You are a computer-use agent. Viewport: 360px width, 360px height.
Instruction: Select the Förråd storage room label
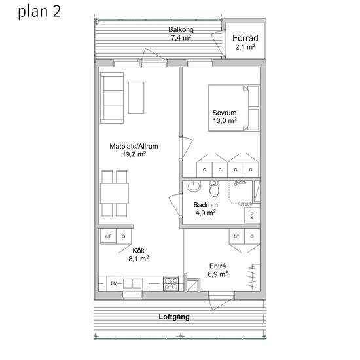245,38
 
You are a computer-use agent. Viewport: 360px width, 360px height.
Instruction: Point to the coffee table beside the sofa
137,97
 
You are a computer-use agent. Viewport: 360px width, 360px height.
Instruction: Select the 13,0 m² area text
225,121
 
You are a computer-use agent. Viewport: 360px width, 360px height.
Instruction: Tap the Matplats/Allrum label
134,147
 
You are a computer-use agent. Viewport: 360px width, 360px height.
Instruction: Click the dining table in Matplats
115,193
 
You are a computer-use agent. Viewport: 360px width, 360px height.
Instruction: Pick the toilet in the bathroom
214,190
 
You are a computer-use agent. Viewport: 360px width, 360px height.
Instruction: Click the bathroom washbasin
193,188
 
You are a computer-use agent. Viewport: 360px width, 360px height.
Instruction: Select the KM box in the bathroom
251,215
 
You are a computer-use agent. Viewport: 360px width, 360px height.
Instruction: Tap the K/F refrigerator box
107,236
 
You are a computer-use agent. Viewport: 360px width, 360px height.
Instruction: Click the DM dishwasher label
114,283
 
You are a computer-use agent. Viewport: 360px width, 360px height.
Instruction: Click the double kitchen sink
134,283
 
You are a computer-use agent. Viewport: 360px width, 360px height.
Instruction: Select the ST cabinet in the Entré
237,236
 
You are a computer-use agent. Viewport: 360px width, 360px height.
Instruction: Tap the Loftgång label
174,317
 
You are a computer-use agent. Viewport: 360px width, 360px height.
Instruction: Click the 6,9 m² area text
218,274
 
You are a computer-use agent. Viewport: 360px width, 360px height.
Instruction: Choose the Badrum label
205,204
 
